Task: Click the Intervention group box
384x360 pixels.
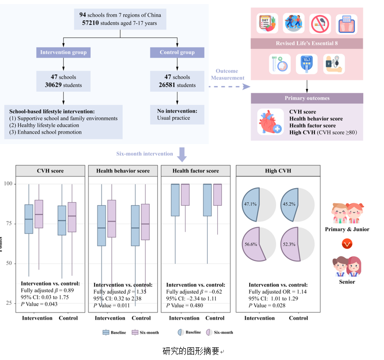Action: [63, 52]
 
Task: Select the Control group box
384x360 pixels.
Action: [177, 52]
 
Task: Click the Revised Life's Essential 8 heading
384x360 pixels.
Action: [307, 43]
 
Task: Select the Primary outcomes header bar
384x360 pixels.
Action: [307, 98]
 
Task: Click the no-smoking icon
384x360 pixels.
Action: [320, 23]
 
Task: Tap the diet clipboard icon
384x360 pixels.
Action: [267, 23]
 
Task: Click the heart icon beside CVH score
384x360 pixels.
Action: [269, 122]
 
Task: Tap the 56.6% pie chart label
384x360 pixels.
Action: [251, 244]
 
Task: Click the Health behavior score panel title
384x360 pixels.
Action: [123, 171]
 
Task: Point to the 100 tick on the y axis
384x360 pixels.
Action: [8, 184]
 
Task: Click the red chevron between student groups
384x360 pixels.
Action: [347, 244]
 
